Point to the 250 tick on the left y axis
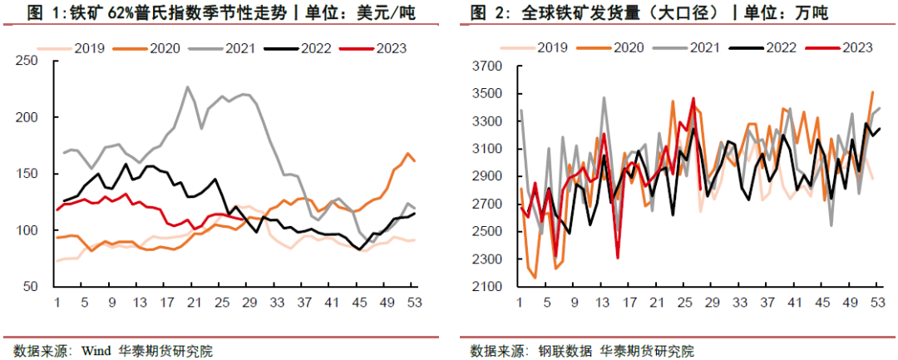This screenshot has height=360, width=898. [26, 62]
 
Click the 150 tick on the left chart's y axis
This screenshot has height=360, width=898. [26, 174]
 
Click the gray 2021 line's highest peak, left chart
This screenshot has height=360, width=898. [188, 86]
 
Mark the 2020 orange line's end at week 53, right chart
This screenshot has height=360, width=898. [872, 92]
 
